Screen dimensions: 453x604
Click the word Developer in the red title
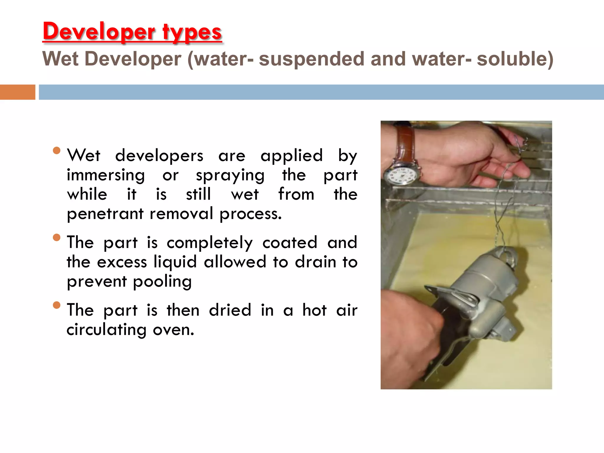[x=99, y=32]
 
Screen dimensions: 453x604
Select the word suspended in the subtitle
[x=311, y=59]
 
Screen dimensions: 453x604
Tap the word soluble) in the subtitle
[x=515, y=59]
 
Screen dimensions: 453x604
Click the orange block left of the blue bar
[x=17, y=92]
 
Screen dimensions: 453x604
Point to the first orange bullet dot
[x=56, y=151]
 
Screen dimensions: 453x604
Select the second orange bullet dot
[x=56, y=237]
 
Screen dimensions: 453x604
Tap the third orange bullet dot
[x=56, y=305]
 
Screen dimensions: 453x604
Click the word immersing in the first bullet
[x=106, y=175]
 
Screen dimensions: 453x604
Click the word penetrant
[x=105, y=214]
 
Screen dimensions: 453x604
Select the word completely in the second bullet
[x=209, y=243]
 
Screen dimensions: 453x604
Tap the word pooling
[x=162, y=282]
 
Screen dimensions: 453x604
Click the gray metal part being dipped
[x=484, y=292]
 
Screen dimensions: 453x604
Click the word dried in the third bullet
[x=230, y=310]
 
